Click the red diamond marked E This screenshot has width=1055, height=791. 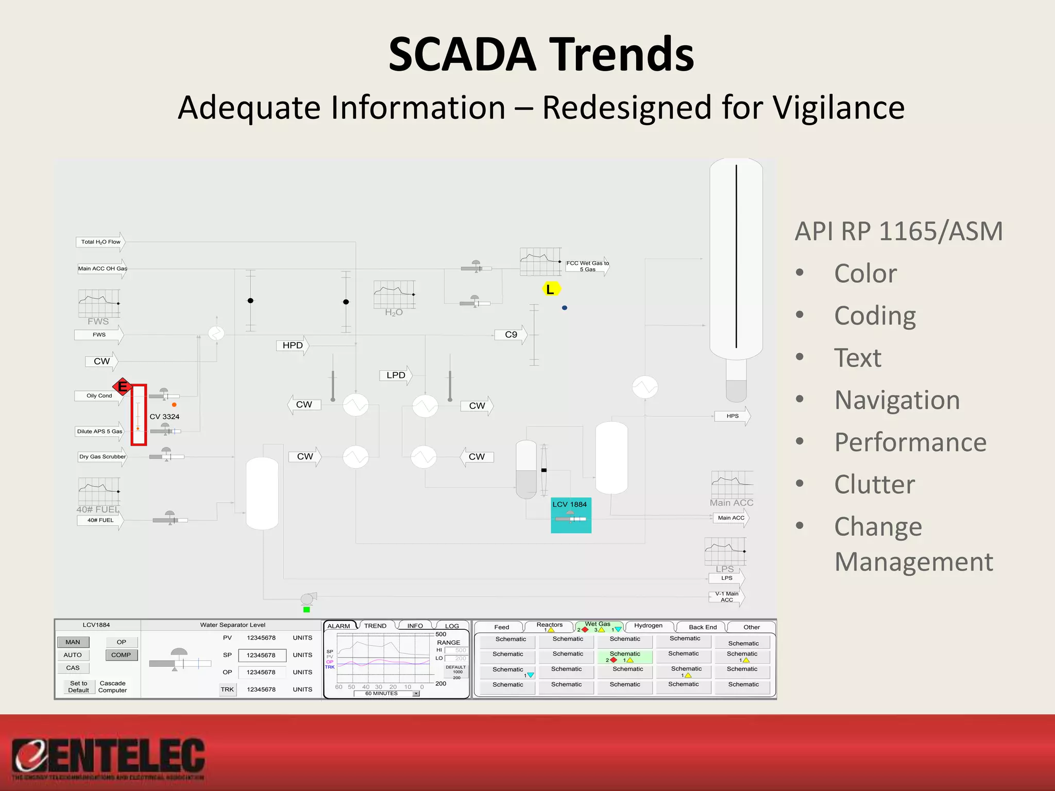(123, 386)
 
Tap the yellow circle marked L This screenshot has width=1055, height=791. (550, 289)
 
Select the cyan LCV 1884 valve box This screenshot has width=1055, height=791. (571, 515)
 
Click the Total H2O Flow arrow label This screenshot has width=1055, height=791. (101, 242)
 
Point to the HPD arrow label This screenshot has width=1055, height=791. (293, 346)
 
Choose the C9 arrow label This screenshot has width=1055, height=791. (511, 335)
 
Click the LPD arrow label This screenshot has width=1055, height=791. (396, 375)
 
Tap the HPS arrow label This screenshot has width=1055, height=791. (732, 416)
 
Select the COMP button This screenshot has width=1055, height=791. (121, 655)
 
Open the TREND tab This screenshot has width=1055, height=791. (375, 626)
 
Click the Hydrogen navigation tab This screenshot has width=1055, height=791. (648, 626)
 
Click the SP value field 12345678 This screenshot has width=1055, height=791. (261, 656)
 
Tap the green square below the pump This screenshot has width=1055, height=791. (307, 610)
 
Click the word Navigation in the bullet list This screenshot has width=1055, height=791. (897, 400)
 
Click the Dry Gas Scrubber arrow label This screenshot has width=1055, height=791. (103, 457)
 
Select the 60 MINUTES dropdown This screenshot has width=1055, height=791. (386, 694)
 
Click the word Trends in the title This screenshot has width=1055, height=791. (622, 54)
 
